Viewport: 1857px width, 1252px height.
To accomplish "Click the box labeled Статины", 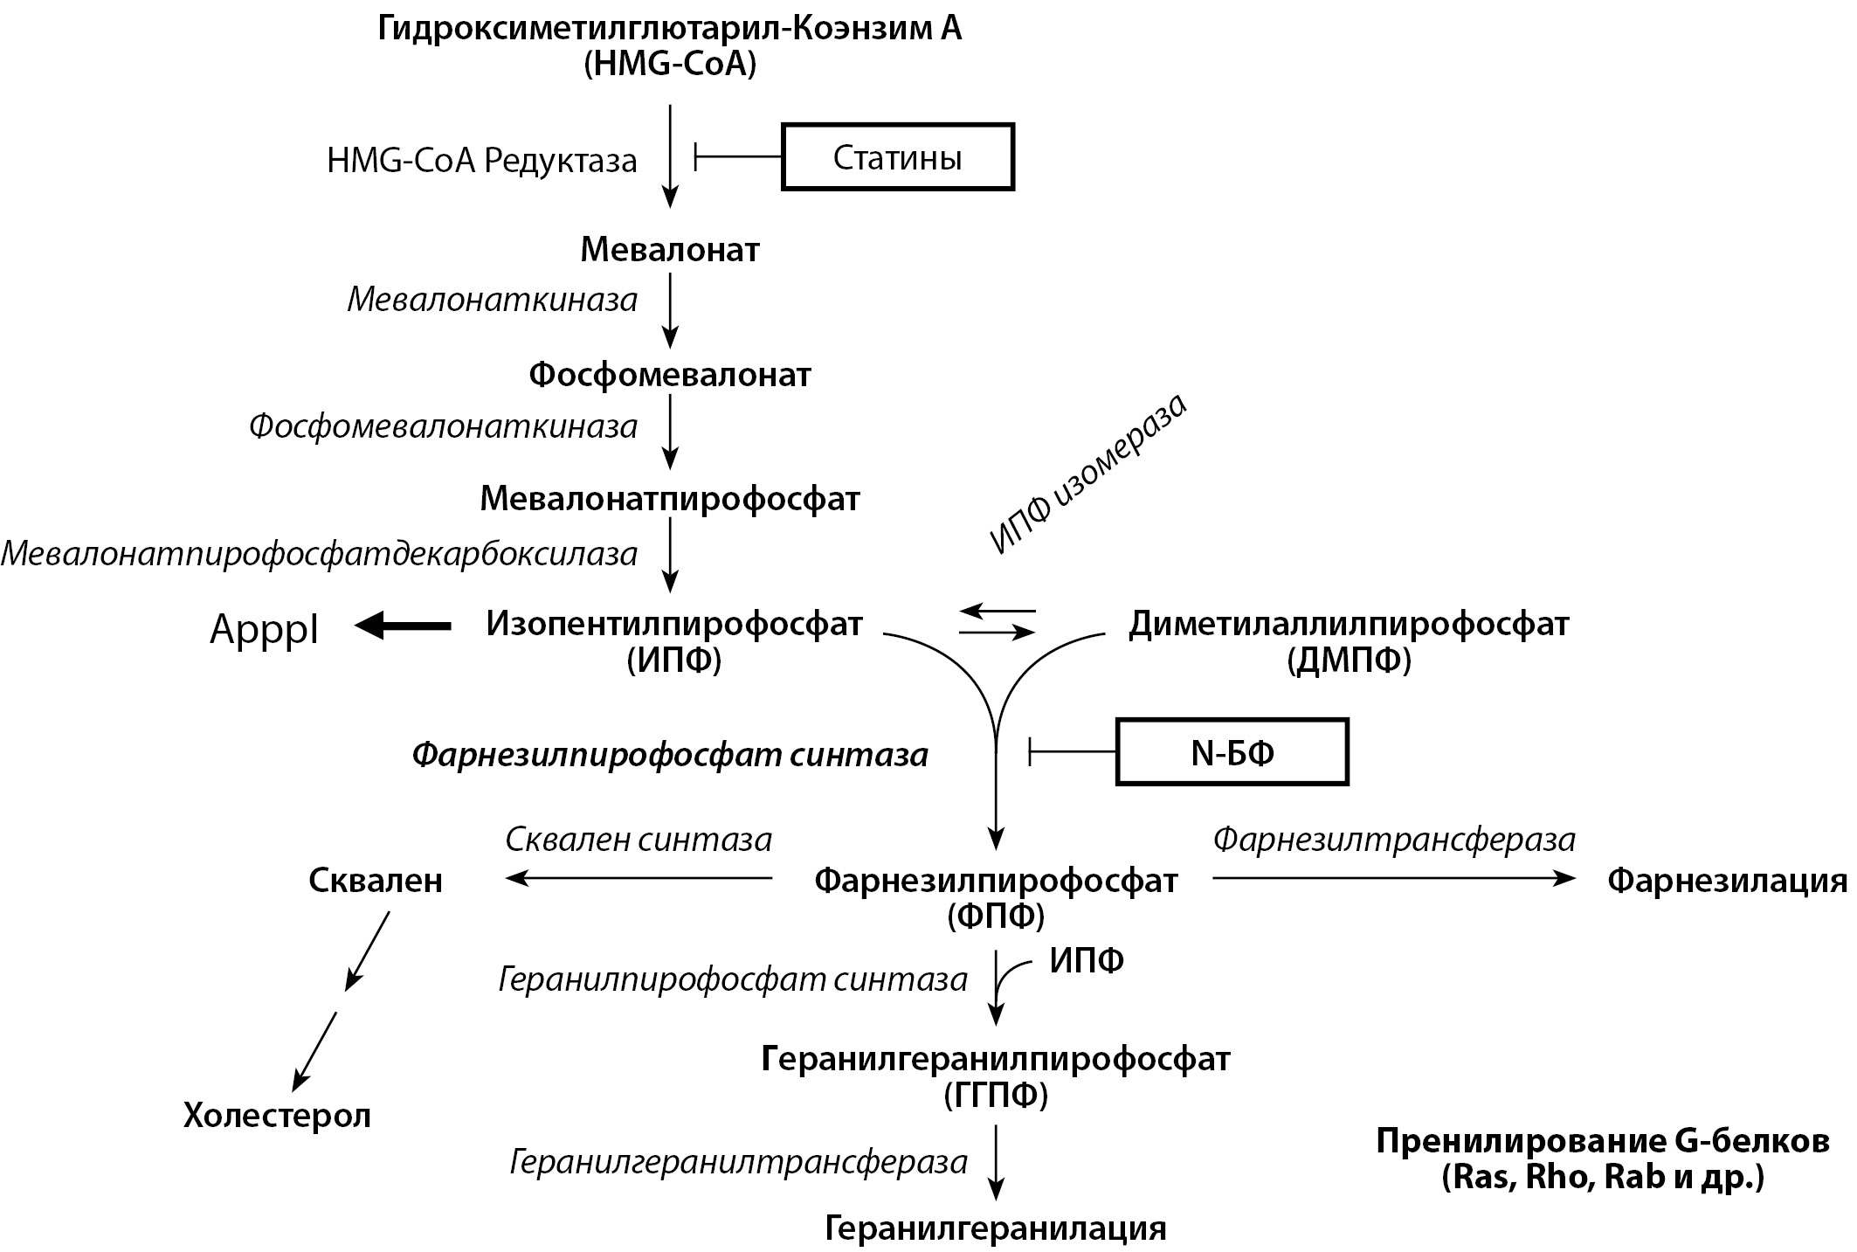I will (x=897, y=157).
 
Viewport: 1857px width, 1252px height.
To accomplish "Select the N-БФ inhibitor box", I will (x=1232, y=752).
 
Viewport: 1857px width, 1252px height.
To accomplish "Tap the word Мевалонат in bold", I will (x=670, y=250).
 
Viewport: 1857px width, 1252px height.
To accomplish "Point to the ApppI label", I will (x=264, y=629).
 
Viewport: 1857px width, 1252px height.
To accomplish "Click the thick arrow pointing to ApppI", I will (x=404, y=626).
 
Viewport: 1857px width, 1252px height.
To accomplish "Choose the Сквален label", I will (x=376, y=881).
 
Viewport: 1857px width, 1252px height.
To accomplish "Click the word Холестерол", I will (x=277, y=1116).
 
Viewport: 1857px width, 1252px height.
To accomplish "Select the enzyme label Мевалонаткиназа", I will (x=493, y=300).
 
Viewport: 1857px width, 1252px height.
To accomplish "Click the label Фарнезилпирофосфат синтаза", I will (x=669, y=755).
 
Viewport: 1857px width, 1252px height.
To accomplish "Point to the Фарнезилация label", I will (x=1727, y=881).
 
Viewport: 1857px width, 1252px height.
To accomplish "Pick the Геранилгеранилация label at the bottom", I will (x=995, y=1228).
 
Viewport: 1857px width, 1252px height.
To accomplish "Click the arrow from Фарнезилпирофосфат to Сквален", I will (x=639, y=878).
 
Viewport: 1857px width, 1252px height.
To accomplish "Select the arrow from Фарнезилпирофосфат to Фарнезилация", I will (x=1393, y=878).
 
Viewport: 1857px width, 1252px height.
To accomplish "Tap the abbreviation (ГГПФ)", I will (x=996, y=1095).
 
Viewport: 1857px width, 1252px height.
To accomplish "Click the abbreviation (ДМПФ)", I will (x=1349, y=661).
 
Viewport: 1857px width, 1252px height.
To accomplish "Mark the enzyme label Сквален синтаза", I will (x=639, y=840).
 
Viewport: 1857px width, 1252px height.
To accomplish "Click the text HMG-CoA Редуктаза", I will (x=481, y=161).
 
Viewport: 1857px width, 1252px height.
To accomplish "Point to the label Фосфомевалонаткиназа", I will (x=443, y=426).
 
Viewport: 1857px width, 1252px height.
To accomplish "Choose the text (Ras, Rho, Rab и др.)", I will (x=1602, y=1178).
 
